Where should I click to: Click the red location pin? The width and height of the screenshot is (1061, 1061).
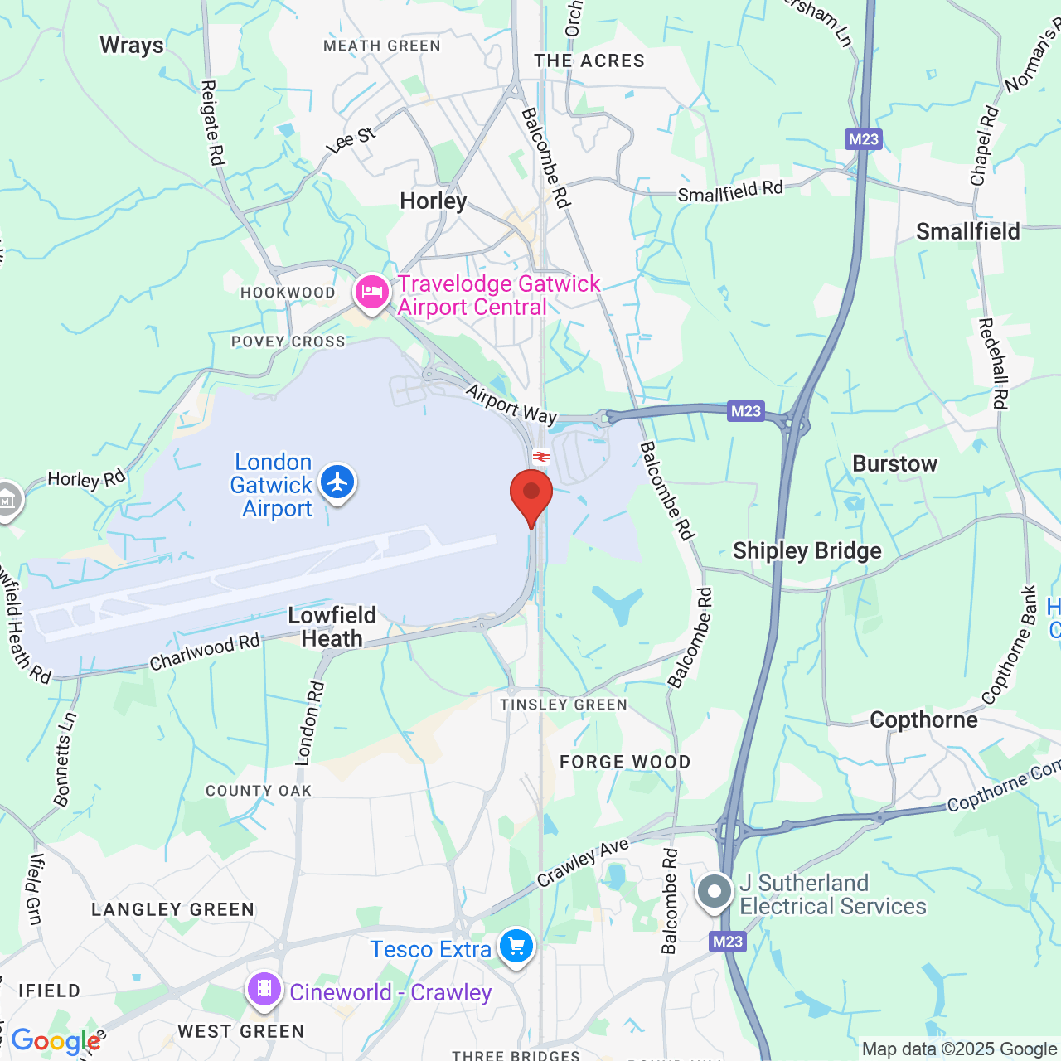coord(531,494)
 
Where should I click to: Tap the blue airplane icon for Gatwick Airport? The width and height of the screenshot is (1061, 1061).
coord(337,482)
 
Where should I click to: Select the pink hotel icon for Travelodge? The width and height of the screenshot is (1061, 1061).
coord(371,292)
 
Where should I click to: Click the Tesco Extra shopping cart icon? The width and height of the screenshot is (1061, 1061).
coord(516,946)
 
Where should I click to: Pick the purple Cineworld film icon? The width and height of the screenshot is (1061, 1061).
coord(264,989)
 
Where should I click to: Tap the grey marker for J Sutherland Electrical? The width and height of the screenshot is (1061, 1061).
coord(714,893)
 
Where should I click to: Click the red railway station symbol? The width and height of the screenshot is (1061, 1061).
coord(541,456)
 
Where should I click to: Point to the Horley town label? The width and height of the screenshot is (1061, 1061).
coord(433,201)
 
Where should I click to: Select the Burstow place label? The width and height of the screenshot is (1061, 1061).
coord(894,464)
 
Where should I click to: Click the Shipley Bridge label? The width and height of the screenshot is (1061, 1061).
coord(807,551)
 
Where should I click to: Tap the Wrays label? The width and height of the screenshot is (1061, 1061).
coord(132,45)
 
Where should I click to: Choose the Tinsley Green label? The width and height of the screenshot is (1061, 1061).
coord(564,705)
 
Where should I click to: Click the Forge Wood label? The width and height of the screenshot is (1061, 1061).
coord(625,762)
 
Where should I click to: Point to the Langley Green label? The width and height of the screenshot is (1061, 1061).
coord(172,909)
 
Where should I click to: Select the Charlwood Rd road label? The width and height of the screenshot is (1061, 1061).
coord(204,652)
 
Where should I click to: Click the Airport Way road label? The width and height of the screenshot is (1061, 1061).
coord(511,405)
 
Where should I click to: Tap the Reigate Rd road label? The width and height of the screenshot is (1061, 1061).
coord(213,122)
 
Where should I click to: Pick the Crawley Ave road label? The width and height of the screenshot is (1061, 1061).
coord(583,862)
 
